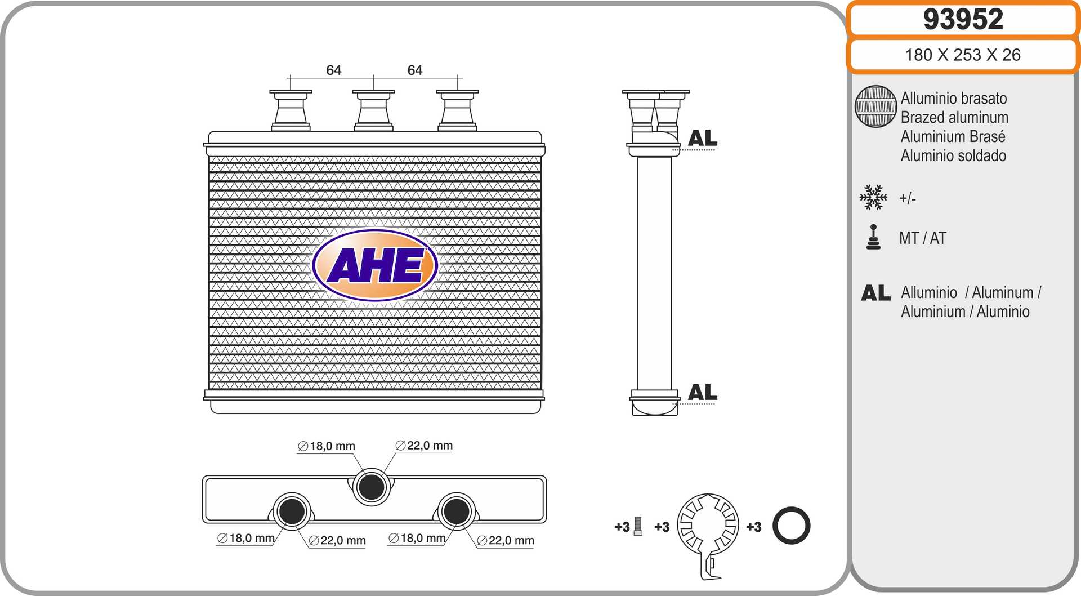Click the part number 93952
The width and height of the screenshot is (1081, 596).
coord(963,19)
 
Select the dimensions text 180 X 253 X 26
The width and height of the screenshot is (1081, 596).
coord(963,55)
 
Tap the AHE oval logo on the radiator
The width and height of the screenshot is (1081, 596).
coord(375,265)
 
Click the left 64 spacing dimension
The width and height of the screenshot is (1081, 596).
coord(333,70)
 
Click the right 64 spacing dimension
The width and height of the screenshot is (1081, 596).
coord(415,70)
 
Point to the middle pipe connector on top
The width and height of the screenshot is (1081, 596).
coord(373,110)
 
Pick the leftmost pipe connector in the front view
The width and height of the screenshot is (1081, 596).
coord(291,110)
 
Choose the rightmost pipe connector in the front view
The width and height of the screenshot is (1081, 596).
coord(457,110)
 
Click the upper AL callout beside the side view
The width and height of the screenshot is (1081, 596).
coord(703,138)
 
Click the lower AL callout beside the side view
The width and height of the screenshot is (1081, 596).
coord(703,392)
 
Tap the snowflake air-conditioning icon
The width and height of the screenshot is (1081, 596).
coord(873,197)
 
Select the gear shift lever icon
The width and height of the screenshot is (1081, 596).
coord(873,237)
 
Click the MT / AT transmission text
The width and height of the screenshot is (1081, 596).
coord(923,238)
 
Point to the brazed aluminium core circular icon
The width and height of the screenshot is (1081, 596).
coord(875,106)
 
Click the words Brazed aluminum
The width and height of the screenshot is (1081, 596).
coord(954,117)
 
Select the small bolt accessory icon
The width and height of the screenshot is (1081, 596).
coord(638,526)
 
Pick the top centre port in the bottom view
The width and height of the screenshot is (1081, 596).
coord(372,487)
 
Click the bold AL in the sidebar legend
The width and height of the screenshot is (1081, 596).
coord(875,293)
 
